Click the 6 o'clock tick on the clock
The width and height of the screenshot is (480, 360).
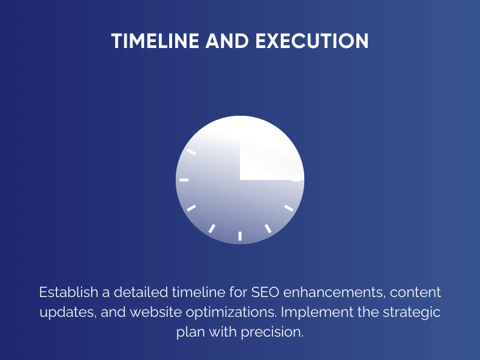[240, 236]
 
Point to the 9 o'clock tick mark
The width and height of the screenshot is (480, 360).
[184, 180]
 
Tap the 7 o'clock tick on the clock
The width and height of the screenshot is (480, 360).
[212, 228]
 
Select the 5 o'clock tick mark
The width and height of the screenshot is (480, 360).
[268, 228]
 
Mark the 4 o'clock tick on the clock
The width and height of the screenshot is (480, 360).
[289, 208]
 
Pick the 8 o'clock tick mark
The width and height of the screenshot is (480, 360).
[191, 208]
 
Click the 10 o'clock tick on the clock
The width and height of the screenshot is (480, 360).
[191, 152]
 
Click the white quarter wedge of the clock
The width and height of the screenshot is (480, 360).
[267, 153]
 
